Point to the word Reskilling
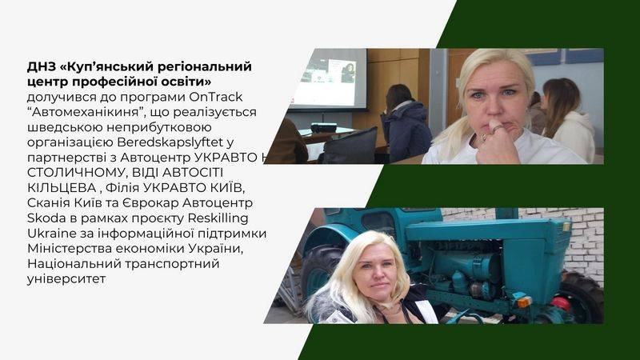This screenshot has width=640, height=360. [x=218, y=218]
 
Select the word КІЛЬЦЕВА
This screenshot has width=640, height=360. [x=62, y=188]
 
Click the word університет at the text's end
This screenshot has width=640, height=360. [x=66, y=279]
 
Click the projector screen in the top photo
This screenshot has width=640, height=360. [x=327, y=79]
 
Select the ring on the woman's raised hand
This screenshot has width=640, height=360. [x=498, y=129]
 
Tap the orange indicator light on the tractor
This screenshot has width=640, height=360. [x=524, y=302]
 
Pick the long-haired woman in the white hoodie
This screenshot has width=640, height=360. [x=567, y=121]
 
